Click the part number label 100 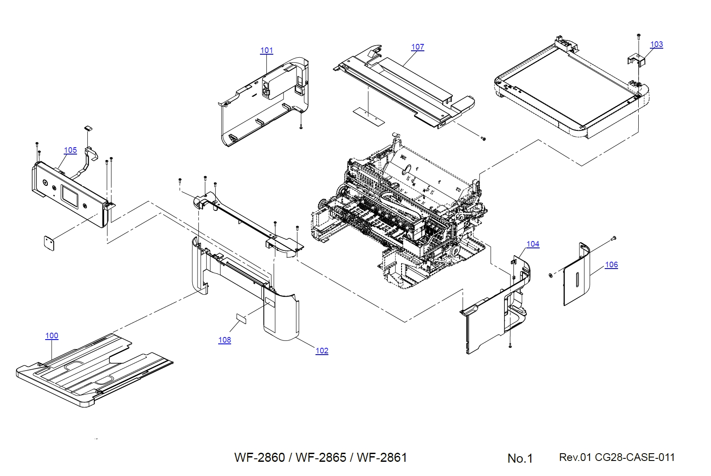tap(52, 336)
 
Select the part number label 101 tap(266, 50)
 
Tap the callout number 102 tap(321, 351)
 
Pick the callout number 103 tap(656, 44)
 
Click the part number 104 tap(532, 244)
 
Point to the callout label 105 tap(70, 150)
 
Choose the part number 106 tap(611, 265)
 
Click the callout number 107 tap(417, 47)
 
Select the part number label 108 tap(224, 340)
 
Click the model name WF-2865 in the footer tap(321, 457)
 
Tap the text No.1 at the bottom tap(520, 458)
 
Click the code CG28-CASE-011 tap(635, 457)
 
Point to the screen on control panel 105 tap(70, 195)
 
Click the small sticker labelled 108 tap(241, 318)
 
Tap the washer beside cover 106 tap(550, 275)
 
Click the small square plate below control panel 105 tap(49, 243)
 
